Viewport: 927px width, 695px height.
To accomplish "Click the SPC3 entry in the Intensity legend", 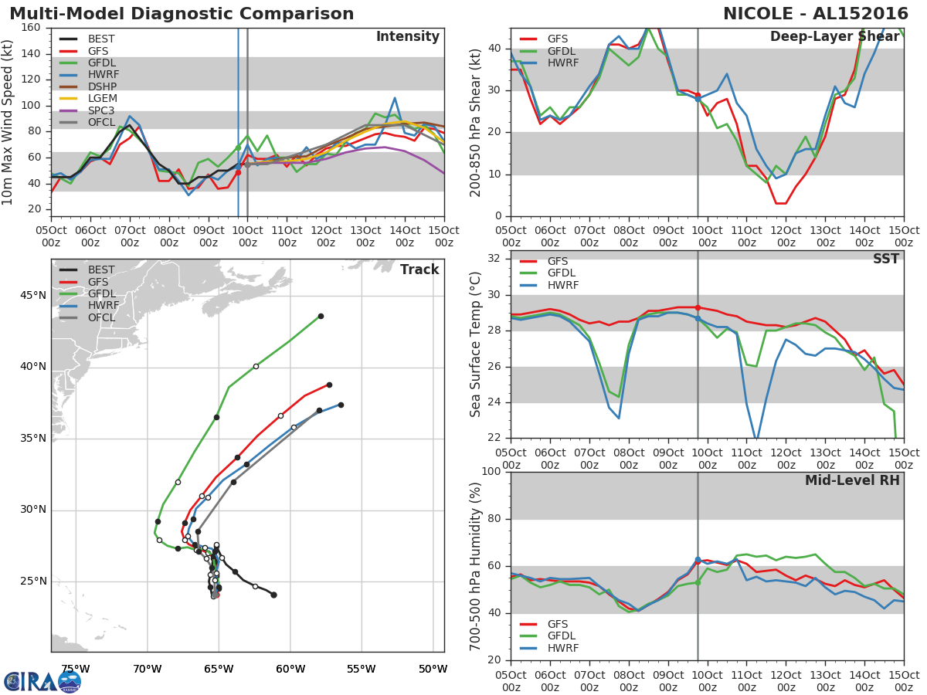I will pyautogui.click(x=100, y=111).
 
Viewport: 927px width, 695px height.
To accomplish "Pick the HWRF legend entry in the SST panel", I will pyautogui.click(x=562, y=285).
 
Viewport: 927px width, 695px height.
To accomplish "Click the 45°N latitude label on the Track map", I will pyautogui.click(x=32, y=296).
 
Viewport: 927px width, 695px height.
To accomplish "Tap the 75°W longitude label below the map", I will pyautogui.click(x=75, y=669).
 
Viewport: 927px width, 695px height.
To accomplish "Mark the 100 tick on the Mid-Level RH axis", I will pyautogui.click(x=490, y=472).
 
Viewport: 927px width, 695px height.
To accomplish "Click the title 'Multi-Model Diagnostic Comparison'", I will pyautogui.click(x=182, y=14).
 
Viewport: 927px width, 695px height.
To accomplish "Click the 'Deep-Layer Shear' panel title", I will pyautogui.click(x=834, y=37).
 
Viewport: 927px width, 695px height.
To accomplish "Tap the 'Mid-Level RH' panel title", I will pyautogui.click(x=852, y=480).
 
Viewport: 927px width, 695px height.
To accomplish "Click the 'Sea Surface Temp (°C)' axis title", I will pyautogui.click(x=476, y=344).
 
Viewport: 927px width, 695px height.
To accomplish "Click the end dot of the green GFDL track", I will pyautogui.click(x=321, y=316).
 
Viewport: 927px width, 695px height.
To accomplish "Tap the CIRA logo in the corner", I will pyautogui.click(x=42, y=681).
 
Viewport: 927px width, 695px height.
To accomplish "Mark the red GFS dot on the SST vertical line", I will pyautogui.click(x=698, y=307).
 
